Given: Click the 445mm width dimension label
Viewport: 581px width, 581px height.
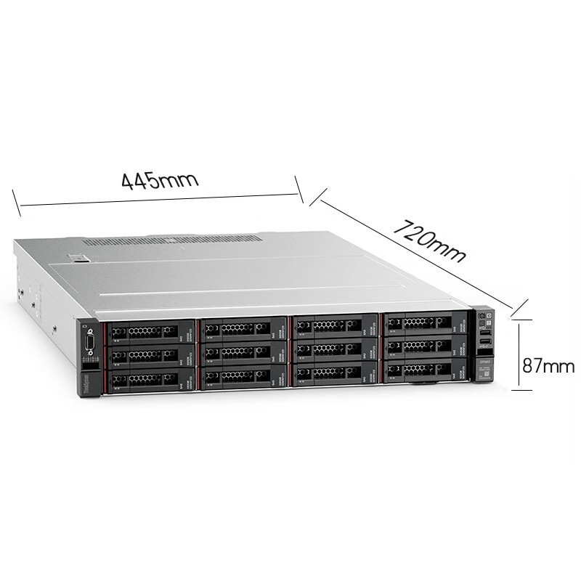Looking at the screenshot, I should tap(160, 179).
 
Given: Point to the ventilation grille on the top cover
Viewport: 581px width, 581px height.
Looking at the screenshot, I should tap(173, 239).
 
